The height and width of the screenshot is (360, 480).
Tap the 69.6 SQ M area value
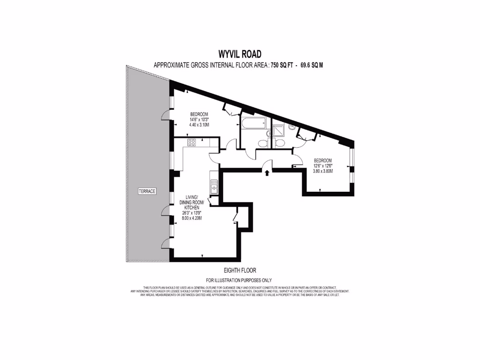point(308,66)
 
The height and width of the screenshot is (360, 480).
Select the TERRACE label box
point(147,191)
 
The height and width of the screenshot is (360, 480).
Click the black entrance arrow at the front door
point(267,173)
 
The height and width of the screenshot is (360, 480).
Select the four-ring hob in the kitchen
point(192,142)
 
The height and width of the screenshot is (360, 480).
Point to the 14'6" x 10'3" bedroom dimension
point(199,120)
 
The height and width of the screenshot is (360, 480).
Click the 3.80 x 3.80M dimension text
point(322,171)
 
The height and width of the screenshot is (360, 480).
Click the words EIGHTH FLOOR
point(240,270)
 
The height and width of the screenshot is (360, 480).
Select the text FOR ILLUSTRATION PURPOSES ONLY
point(240,280)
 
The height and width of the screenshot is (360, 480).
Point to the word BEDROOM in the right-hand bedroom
point(322,160)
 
